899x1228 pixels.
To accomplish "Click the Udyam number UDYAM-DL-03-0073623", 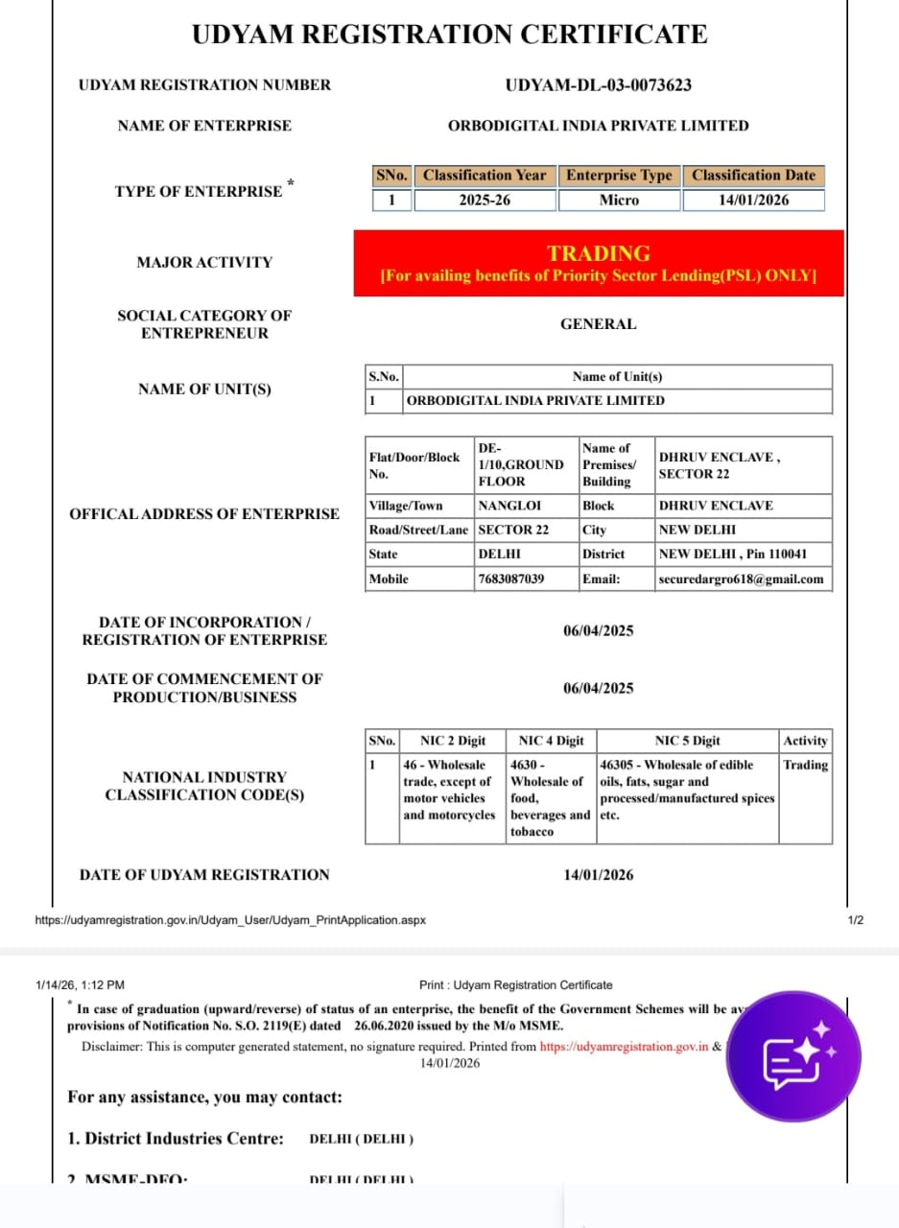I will pos(598,84).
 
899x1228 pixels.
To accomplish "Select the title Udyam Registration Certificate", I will pos(449,35).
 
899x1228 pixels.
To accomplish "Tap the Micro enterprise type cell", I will pos(619,201).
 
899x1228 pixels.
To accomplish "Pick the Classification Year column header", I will pos(485,176).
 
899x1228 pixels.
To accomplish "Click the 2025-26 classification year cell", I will pos(485,201).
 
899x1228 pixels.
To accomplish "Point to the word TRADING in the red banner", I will pos(599,253).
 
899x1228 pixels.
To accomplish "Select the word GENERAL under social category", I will pos(598,324).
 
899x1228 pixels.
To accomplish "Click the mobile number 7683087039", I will pos(510,579).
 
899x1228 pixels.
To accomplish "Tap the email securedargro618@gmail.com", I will pos(741,579).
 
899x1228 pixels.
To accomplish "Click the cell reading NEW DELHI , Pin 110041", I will pos(733,555).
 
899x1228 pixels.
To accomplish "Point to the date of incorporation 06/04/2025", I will pos(598,630).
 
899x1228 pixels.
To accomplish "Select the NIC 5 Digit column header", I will pos(687,741).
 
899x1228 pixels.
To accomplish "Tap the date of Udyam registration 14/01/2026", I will pos(598,875).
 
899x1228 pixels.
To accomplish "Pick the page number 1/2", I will pos(856,920).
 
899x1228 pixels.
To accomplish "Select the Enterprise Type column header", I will pos(619,176).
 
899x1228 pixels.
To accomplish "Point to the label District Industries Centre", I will pos(176,1139).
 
